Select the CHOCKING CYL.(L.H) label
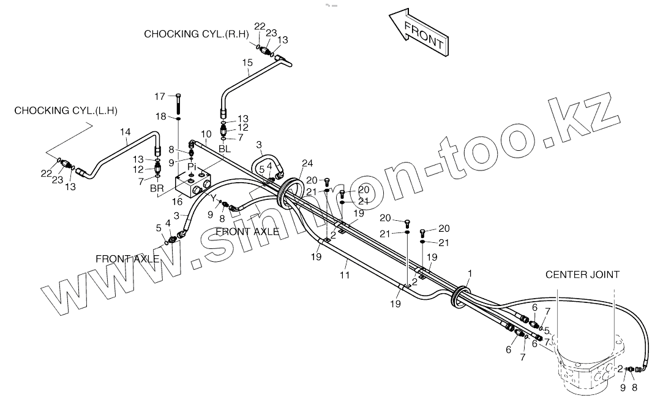click(x=66, y=110)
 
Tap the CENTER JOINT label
click(x=582, y=275)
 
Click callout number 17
click(x=160, y=96)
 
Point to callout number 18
click(x=160, y=117)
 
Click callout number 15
click(x=247, y=63)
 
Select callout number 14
click(x=125, y=132)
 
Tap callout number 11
click(x=345, y=275)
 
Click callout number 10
click(x=206, y=134)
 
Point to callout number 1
click(x=470, y=272)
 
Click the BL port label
click(x=225, y=149)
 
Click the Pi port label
click(x=192, y=166)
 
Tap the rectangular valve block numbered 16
click(x=191, y=183)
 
